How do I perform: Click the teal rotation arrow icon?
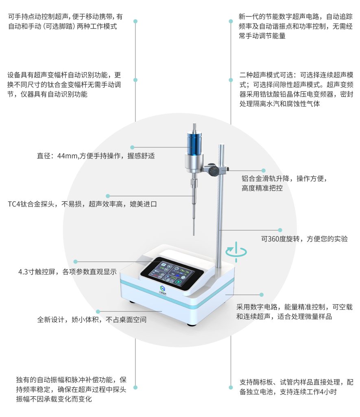[x=236, y=252]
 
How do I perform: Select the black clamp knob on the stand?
[x=213, y=170]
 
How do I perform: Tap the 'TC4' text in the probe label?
[x=14, y=204]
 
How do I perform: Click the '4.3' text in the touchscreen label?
[x=23, y=272]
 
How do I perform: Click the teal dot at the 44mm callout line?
[x=132, y=147]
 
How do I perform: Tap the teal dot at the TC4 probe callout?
[x=108, y=196]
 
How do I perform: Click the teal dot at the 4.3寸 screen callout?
[x=75, y=262]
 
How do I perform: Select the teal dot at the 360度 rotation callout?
[x=280, y=230]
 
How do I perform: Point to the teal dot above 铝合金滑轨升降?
[x=263, y=171]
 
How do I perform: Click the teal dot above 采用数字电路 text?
[x=262, y=295]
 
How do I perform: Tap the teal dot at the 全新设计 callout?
[x=98, y=312]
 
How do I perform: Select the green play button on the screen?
[x=179, y=282]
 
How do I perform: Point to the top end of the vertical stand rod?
[x=221, y=145]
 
